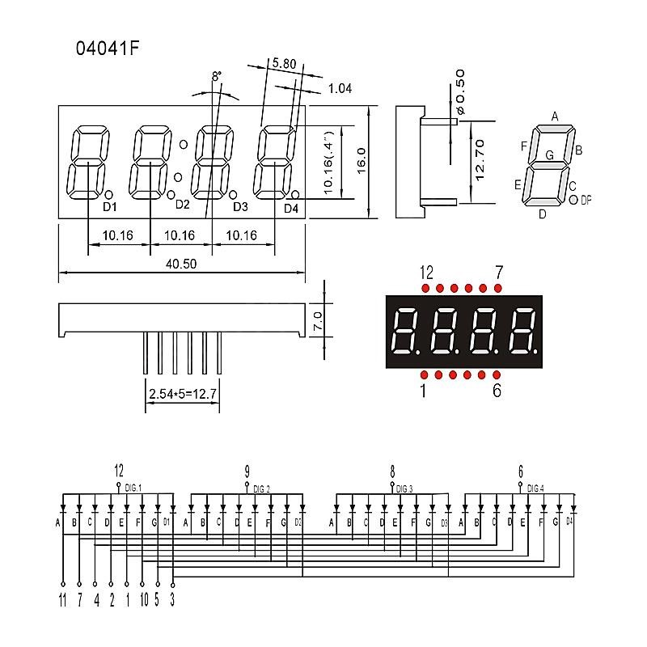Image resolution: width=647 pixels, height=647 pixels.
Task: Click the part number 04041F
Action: (x=107, y=48)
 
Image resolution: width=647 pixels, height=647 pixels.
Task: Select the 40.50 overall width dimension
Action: (x=182, y=264)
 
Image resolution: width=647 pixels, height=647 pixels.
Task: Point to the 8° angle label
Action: (x=216, y=77)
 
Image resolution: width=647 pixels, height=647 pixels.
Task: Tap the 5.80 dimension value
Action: (x=284, y=63)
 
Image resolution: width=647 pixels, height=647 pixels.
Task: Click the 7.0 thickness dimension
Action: (x=317, y=320)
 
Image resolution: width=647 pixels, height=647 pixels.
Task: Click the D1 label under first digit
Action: (x=110, y=207)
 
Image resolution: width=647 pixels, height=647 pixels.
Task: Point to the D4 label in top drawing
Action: (x=291, y=209)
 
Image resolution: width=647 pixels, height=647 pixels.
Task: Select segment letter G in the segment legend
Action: (x=549, y=154)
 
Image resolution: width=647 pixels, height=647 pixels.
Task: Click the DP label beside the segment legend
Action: (x=586, y=199)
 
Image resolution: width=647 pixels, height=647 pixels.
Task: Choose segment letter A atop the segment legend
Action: (x=555, y=116)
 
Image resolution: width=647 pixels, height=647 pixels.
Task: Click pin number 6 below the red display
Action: (x=497, y=391)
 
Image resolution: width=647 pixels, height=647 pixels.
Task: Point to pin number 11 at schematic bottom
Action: (x=62, y=600)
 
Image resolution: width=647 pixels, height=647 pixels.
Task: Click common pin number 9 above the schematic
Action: (x=246, y=470)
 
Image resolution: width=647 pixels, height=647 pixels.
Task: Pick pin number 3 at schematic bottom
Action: (x=172, y=600)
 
